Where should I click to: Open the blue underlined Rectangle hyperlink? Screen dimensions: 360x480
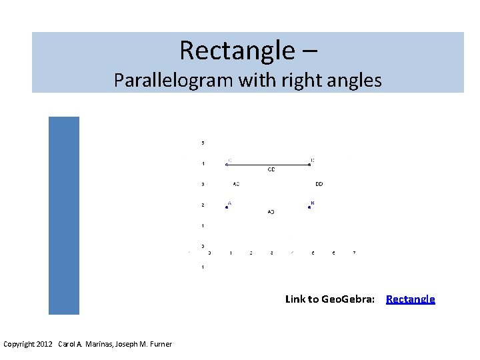tap(410, 299)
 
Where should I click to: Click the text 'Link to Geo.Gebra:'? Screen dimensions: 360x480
tap(329, 299)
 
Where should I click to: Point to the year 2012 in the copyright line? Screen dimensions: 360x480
tap(45, 344)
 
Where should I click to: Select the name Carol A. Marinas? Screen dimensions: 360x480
tap(85, 344)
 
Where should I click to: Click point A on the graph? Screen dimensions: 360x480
tap(227, 207)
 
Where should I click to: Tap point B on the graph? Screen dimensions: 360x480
tap(309, 207)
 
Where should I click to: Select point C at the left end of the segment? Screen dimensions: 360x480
tap(227, 165)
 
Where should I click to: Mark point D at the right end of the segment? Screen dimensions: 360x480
tap(309, 165)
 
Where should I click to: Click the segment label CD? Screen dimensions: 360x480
tap(271, 170)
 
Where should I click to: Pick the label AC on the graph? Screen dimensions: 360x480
tap(236, 184)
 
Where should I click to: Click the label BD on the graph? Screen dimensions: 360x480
tap(319, 184)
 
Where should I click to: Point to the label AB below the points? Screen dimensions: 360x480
tap(271, 212)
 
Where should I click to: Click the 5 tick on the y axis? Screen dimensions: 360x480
tap(203, 143)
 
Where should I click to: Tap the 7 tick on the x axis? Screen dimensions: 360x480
tap(354, 253)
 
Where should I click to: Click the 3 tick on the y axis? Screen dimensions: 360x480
tap(203, 184)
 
